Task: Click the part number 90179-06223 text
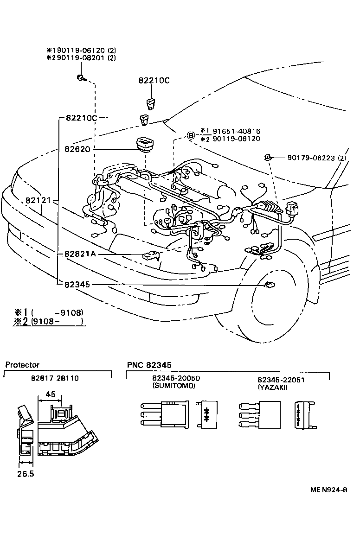(x=310, y=158)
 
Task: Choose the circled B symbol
(x=191, y=135)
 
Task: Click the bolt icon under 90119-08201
(x=81, y=78)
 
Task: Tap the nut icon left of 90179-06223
(x=268, y=158)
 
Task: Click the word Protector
(x=22, y=365)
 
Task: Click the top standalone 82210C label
(x=154, y=80)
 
